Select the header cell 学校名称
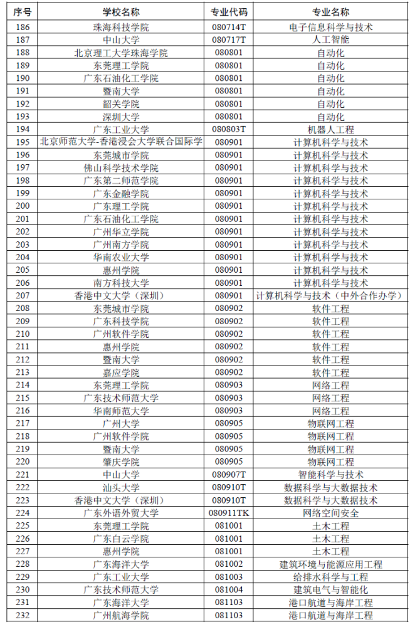(121, 13)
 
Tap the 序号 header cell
(23, 13)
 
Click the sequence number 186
(23, 27)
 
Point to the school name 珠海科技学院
(121, 27)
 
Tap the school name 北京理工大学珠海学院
(121, 53)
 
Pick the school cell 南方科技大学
(121, 283)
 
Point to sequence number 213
(23, 372)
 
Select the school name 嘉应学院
(121, 372)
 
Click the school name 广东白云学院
(121, 539)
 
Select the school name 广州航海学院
(121, 616)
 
